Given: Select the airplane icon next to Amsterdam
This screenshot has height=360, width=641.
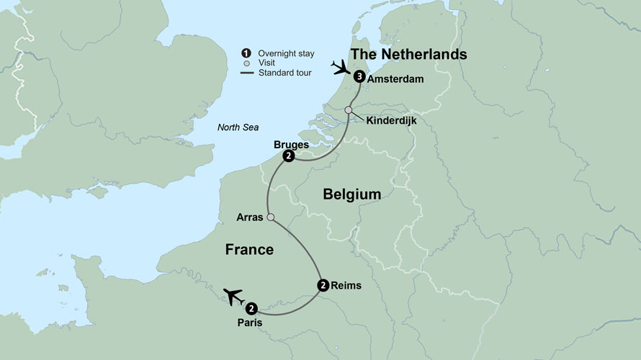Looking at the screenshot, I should [340, 68].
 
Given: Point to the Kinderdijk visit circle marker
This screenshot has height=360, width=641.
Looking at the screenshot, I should [349, 110].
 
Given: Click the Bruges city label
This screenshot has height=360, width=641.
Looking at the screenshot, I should [291, 145].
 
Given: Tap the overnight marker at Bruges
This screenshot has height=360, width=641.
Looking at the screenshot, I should [288, 157].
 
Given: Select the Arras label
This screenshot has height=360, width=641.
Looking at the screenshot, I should [250, 217].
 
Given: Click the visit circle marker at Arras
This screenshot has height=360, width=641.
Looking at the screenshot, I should [271, 217].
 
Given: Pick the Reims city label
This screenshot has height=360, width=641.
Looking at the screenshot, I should [346, 286].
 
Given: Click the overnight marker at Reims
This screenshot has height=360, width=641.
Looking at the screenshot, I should [323, 285].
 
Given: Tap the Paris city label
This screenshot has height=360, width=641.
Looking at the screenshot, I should [249, 323].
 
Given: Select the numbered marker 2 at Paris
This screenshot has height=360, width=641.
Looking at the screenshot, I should [251, 309].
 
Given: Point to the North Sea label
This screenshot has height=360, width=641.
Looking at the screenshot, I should [238, 128].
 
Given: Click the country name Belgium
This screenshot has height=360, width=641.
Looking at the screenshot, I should [352, 194].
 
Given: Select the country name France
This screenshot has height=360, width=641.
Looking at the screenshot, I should [249, 250].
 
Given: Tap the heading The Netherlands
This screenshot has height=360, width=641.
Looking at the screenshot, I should [408, 55].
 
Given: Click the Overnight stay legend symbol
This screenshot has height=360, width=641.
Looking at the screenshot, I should [246, 52].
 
